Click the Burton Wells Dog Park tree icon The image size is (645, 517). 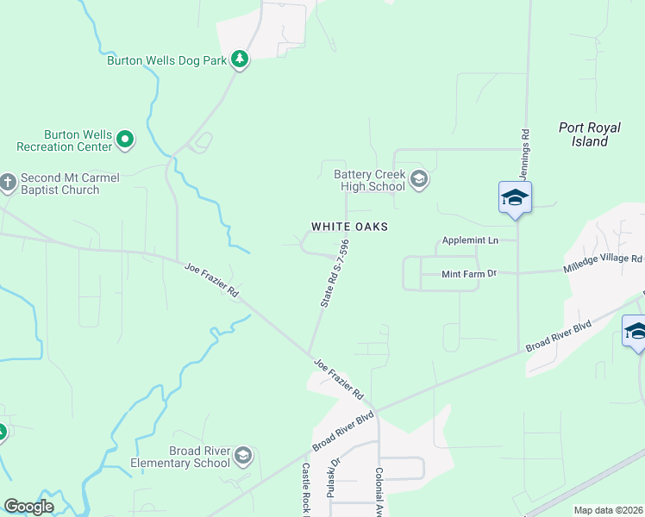pos(240,60)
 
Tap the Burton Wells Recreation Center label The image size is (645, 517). pos(78,141)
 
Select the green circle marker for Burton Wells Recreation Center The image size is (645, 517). pos(125,139)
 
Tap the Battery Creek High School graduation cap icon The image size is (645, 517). pos(419,180)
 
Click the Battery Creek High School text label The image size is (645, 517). pos(370,181)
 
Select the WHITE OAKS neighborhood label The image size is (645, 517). pos(349,227)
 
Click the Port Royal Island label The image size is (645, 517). pos(589,134)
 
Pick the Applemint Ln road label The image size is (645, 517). pos(470,240)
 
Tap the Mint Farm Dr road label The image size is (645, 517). pos(469,274)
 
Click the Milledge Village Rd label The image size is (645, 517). pos(604,259)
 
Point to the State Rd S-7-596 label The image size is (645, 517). pos(335,274)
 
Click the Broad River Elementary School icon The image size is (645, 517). pos(243,455)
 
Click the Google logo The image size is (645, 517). pos(28,507)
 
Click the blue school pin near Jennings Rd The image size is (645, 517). pos(515,197)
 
